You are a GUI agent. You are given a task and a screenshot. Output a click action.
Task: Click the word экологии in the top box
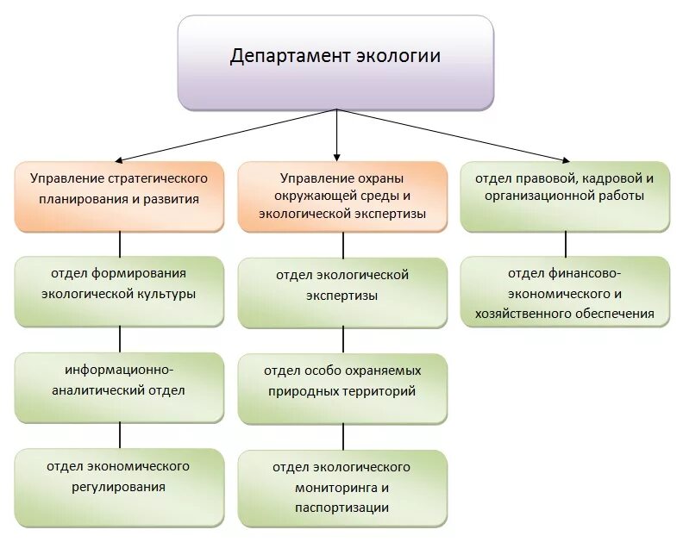coord(398,57)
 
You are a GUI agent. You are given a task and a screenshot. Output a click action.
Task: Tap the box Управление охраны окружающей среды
coord(342,196)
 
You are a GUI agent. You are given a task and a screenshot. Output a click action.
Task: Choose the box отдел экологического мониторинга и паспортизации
coord(342,487)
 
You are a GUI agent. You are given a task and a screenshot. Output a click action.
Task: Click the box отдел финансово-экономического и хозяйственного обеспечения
coord(565,293)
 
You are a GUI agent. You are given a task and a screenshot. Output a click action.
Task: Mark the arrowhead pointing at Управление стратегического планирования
coord(117,159)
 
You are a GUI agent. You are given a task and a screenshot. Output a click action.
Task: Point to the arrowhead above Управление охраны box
coord(337,155)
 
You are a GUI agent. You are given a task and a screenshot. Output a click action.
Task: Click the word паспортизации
coord(342,508)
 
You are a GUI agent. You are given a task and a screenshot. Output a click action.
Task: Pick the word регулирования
coord(120,487)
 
